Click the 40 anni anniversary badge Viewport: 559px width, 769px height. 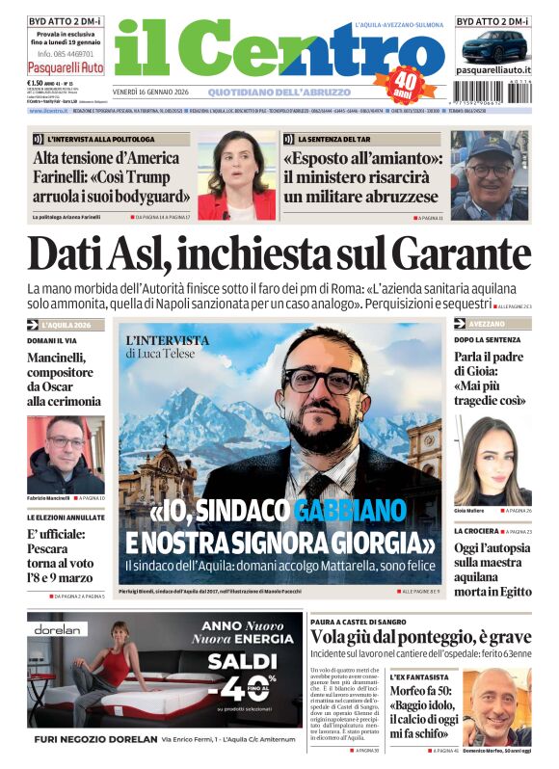point(405,83)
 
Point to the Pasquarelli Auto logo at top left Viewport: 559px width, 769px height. point(65,68)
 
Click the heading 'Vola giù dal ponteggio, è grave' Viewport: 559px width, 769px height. point(420,637)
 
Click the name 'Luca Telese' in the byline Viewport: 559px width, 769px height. point(170,354)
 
